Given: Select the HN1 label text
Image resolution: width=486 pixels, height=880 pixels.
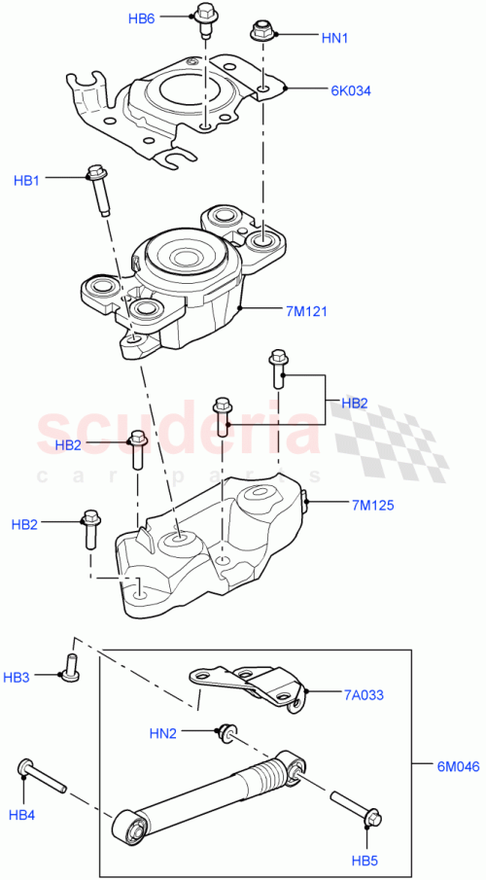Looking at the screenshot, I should click(x=335, y=38).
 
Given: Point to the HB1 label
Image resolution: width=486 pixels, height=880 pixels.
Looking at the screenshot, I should click(x=27, y=180).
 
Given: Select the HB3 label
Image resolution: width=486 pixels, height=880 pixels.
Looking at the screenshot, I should click(x=17, y=676).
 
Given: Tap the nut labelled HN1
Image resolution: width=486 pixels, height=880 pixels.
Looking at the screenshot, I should click(x=260, y=31).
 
